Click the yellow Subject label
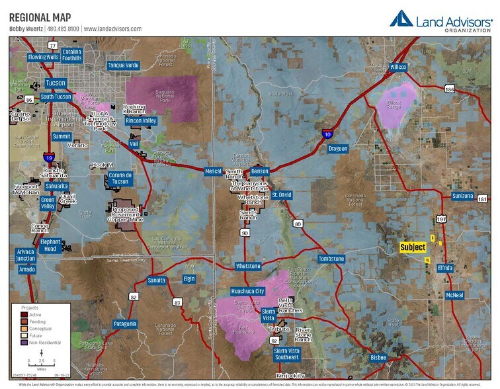pyautogui.click(x=413, y=247)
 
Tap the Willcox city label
pyautogui.click(x=398, y=67)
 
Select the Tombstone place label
pyautogui.click(x=331, y=259)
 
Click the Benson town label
pyautogui.click(x=259, y=171)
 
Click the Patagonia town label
pyautogui.click(x=125, y=324)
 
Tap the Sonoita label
pyautogui.click(x=157, y=281)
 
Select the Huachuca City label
pyautogui.click(x=247, y=291)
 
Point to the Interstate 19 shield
pyautogui.click(x=49, y=157)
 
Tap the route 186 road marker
pyautogui.click(x=450, y=89)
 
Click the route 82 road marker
pyautogui.click(x=133, y=297)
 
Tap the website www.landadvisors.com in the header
pyautogui.click(x=113, y=29)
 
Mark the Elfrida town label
pyautogui.click(x=445, y=268)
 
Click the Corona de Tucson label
pyautogui.click(x=120, y=179)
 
